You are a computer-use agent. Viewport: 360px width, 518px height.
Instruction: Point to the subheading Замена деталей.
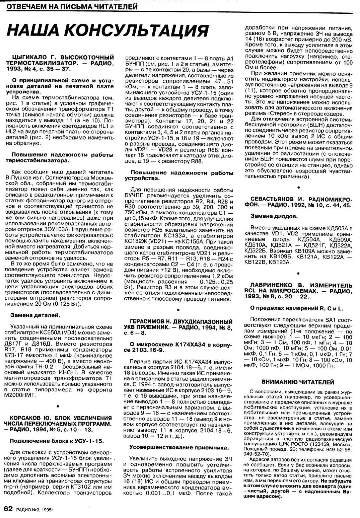35,315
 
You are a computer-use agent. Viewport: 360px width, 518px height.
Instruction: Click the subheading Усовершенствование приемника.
179,447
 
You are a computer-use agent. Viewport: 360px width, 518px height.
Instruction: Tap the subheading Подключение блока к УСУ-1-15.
57,440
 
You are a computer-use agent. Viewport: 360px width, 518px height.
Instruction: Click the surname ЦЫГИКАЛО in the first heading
30,57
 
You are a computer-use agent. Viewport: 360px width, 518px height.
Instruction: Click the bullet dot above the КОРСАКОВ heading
58,406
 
